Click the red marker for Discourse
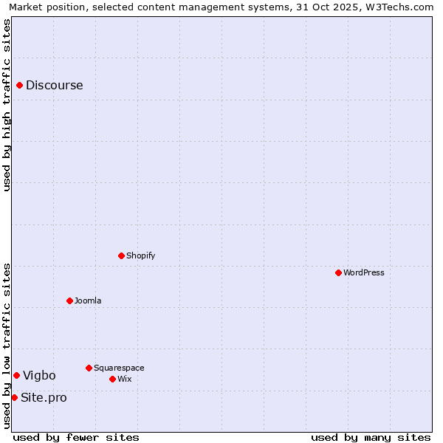(x=19, y=86)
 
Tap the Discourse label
(x=54, y=86)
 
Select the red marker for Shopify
(x=121, y=256)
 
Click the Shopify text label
(x=140, y=256)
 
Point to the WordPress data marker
(x=338, y=273)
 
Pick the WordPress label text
(x=363, y=273)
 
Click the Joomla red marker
(x=69, y=301)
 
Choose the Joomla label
(x=88, y=301)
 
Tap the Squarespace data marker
(x=89, y=368)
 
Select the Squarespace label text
(x=119, y=368)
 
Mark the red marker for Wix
(x=112, y=379)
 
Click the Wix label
(x=124, y=379)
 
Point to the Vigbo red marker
(x=16, y=376)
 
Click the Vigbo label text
(x=39, y=376)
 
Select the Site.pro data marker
(x=14, y=398)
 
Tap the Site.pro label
(x=44, y=398)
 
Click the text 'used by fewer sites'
(x=76, y=437)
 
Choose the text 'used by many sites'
(x=371, y=437)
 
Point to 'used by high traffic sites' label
(x=7, y=105)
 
